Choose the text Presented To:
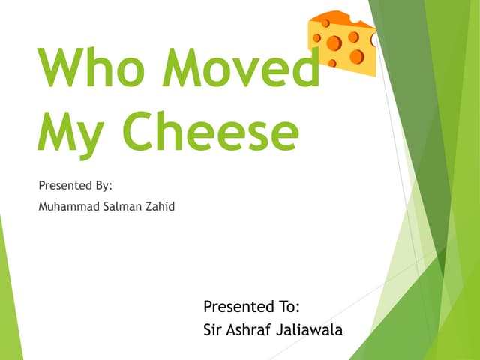coord(252,306)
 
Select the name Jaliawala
coord(312,329)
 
